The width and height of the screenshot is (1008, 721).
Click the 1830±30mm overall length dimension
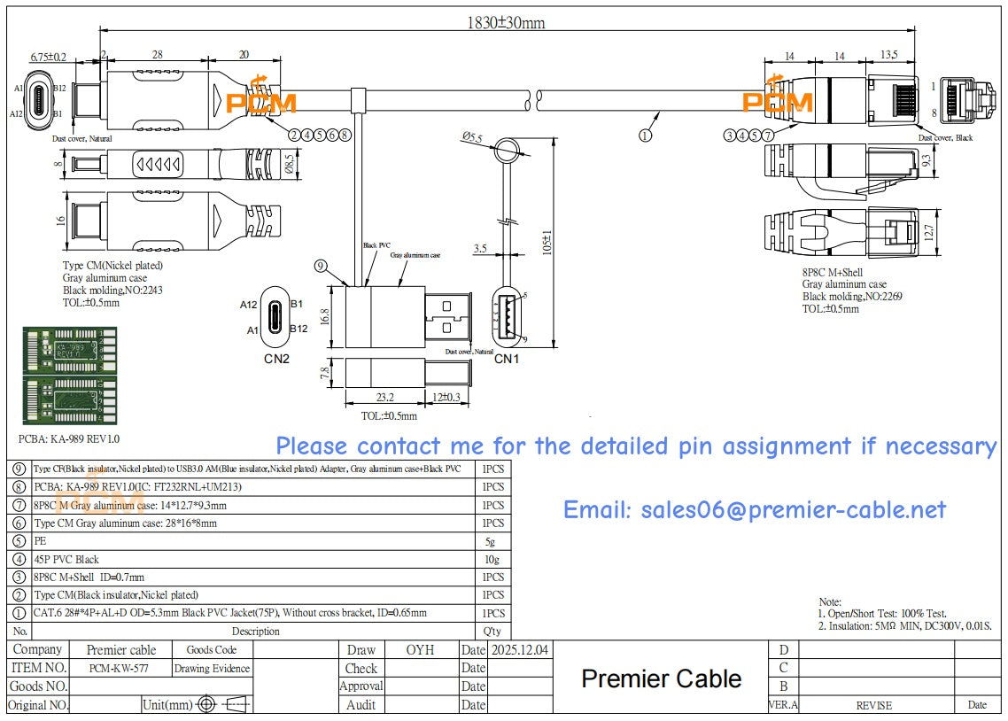point(506,22)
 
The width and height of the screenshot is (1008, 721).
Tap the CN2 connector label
point(276,359)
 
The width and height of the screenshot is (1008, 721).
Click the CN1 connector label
point(506,359)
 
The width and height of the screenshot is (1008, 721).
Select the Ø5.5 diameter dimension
point(471,137)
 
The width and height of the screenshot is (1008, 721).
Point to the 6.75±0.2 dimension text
point(48,57)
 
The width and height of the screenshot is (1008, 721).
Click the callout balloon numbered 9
point(321,265)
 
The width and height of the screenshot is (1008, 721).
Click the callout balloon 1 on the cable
point(645,136)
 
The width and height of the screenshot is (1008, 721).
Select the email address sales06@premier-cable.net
point(755,510)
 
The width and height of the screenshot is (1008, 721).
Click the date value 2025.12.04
point(520,649)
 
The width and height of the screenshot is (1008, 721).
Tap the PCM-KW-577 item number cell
point(119,669)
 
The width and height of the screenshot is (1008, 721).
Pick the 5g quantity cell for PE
point(492,541)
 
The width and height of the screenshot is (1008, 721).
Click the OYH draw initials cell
point(420,649)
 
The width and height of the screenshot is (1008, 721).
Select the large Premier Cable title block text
point(661,678)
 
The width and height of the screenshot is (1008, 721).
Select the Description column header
point(255,632)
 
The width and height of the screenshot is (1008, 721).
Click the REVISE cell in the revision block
point(873,705)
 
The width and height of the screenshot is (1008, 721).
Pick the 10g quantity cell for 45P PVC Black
point(492,559)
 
